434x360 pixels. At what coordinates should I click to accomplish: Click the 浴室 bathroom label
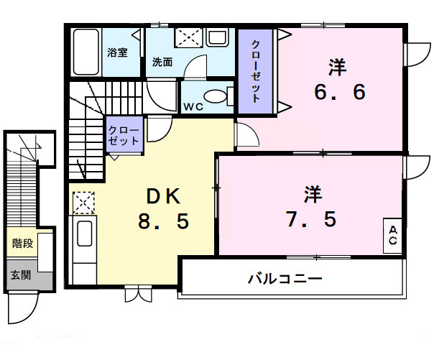118,52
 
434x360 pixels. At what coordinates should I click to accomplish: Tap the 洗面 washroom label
162,62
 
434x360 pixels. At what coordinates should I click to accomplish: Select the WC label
192,106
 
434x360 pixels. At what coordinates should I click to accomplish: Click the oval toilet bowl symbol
214,97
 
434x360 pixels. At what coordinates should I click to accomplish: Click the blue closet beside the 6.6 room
256,70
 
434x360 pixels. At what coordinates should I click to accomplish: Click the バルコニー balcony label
285,277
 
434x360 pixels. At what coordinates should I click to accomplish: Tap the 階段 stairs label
22,244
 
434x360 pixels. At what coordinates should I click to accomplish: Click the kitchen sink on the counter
84,235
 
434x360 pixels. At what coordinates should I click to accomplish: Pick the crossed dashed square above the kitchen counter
83,203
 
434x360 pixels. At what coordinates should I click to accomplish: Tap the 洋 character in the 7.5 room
312,194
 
